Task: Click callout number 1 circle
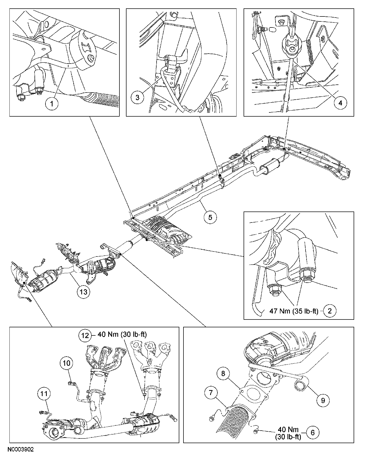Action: point(51,104)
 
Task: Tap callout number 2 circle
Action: point(330,311)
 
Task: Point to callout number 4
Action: point(340,103)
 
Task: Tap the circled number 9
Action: point(323,400)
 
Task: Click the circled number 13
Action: point(83,291)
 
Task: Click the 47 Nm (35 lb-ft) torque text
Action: point(294,311)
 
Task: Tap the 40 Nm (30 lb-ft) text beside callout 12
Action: point(122,334)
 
